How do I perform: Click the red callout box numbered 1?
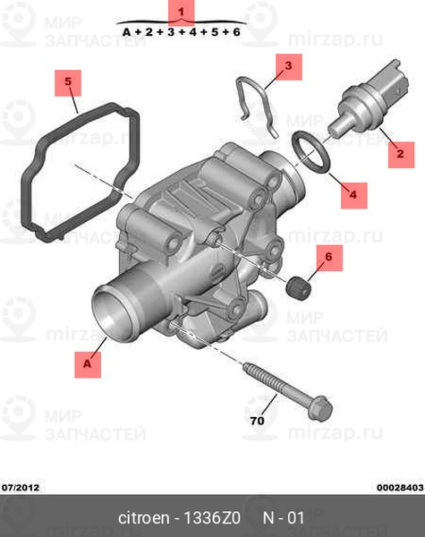tap(181, 12)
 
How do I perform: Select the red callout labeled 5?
tap(68, 83)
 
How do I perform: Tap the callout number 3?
tap(289, 67)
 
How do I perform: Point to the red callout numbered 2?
tap(401, 155)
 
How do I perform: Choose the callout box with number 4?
tap(354, 195)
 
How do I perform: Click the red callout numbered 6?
tap(329, 258)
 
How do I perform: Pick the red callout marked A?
tap(88, 364)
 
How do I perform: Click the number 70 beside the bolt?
tap(257, 421)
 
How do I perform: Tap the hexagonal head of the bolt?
tap(319, 408)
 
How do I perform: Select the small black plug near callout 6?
tap(298, 287)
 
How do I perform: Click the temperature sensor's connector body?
tap(387, 84)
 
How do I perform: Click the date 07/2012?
tap(21, 488)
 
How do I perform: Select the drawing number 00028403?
tap(400, 488)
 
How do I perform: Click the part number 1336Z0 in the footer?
tap(212, 518)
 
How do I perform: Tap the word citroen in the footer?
tap(143, 518)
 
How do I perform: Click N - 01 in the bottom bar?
tap(284, 518)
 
